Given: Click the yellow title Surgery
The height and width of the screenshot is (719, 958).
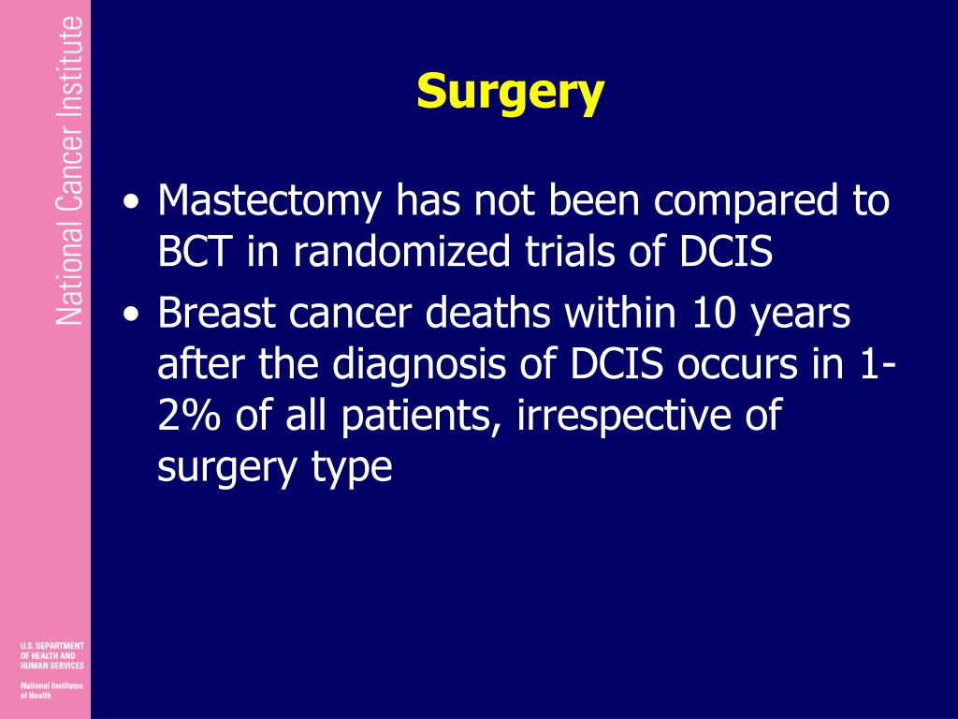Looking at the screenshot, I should pos(511,93).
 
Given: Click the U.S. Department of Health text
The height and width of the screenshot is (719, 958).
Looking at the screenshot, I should pos(51,655).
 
